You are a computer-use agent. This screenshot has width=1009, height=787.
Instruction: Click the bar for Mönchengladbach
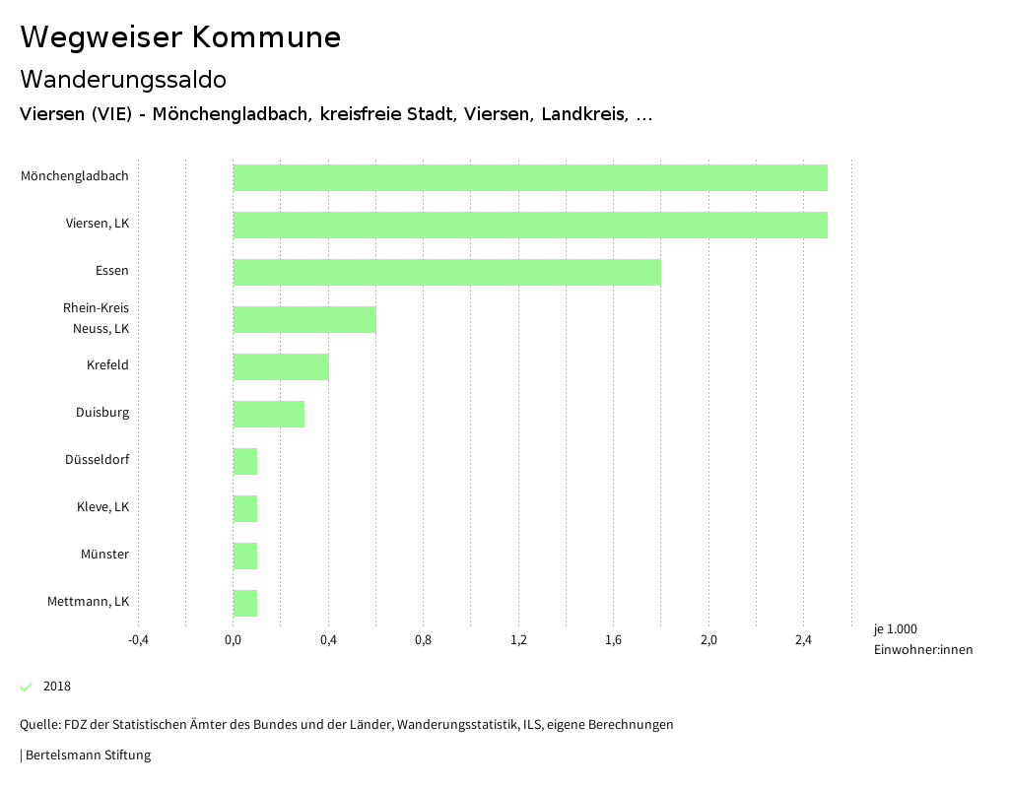(x=530, y=177)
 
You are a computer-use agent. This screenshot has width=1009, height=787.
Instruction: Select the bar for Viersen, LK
(x=530, y=225)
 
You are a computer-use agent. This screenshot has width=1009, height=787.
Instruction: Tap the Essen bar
(x=446, y=272)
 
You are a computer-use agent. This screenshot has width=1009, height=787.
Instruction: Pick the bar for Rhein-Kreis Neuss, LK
(x=304, y=319)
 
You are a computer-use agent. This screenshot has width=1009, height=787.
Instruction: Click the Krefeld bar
(x=281, y=366)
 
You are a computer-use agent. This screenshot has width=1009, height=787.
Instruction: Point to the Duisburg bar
(x=269, y=414)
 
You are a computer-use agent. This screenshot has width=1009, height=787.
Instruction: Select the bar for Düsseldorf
(x=245, y=461)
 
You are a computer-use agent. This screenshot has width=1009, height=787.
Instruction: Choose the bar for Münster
(x=245, y=556)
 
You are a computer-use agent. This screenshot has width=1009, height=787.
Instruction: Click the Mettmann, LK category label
(x=88, y=602)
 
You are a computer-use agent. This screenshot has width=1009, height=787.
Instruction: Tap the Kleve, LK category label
(x=102, y=507)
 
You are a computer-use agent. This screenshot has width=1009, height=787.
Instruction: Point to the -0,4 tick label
(x=138, y=640)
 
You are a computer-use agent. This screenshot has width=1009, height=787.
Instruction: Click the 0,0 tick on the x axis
(x=234, y=640)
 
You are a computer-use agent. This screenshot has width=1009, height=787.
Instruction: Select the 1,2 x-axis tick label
(x=518, y=640)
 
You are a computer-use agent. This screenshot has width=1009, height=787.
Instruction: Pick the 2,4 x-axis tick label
(x=803, y=640)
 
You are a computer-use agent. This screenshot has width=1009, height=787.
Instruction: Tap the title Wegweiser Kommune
(x=180, y=37)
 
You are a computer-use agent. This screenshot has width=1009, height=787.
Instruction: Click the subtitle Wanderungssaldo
(x=123, y=79)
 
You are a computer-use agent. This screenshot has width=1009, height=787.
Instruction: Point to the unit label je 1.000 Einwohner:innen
(x=922, y=639)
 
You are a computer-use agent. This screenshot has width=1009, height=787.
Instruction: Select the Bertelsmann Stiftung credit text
(x=88, y=755)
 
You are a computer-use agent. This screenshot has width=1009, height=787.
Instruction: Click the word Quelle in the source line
(x=39, y=725)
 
